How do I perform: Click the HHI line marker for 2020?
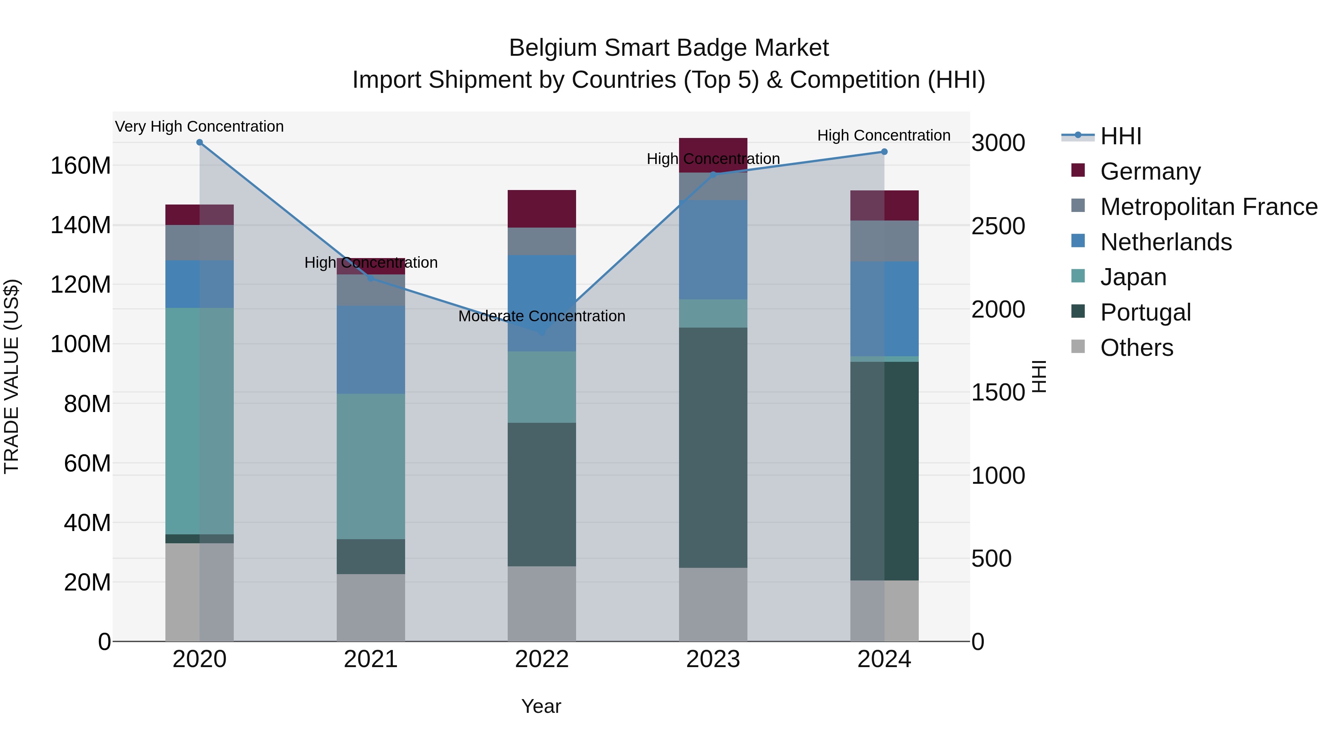[200, 142]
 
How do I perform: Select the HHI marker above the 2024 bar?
[884, 152]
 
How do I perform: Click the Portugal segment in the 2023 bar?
[712, 447]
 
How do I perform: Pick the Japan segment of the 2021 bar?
[370, 466]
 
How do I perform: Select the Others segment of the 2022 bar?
[542, 604]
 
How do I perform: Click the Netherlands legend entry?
[1166, 242]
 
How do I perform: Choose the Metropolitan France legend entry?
[1208, 207]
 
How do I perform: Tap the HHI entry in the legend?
[1120, 136]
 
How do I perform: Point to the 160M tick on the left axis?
[81, 166]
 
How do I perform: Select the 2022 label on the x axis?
[542, 659]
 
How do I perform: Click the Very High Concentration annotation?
[200, 126]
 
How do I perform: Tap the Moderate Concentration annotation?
[542, 316]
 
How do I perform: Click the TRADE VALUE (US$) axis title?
[12, 376]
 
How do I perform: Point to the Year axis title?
[541, 706]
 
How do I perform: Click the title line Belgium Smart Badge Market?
[669, 48]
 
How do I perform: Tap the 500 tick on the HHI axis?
[991, 559]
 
